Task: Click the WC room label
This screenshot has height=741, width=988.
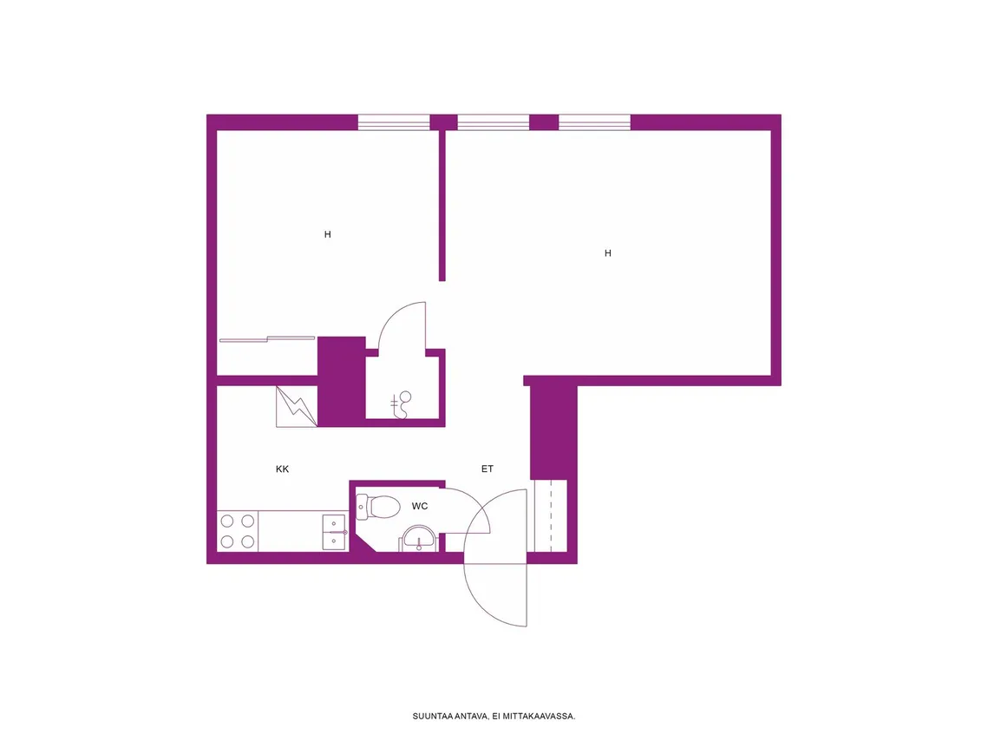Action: (420, 506)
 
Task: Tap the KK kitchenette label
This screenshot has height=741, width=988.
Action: (282, 469)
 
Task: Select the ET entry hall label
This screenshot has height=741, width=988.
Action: (487, 469)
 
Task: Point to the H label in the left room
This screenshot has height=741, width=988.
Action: (328, 234)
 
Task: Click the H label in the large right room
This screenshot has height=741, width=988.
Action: (608, 253)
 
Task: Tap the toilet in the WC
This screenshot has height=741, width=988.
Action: (379, 506)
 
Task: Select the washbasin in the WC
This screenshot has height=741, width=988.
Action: (418, 539)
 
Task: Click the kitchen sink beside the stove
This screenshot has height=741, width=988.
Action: (334, 533)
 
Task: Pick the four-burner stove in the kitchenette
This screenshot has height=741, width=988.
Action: (238, 531)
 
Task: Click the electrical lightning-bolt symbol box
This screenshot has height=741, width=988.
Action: (296, 407)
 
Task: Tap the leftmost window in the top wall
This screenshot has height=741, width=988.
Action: (394, 122)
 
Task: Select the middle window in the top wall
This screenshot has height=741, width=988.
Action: (494, 122)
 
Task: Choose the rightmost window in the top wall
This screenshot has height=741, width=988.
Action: (595, 122)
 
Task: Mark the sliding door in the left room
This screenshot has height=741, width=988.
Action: (267, 339)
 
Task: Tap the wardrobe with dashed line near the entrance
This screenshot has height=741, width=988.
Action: (551, 516)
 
